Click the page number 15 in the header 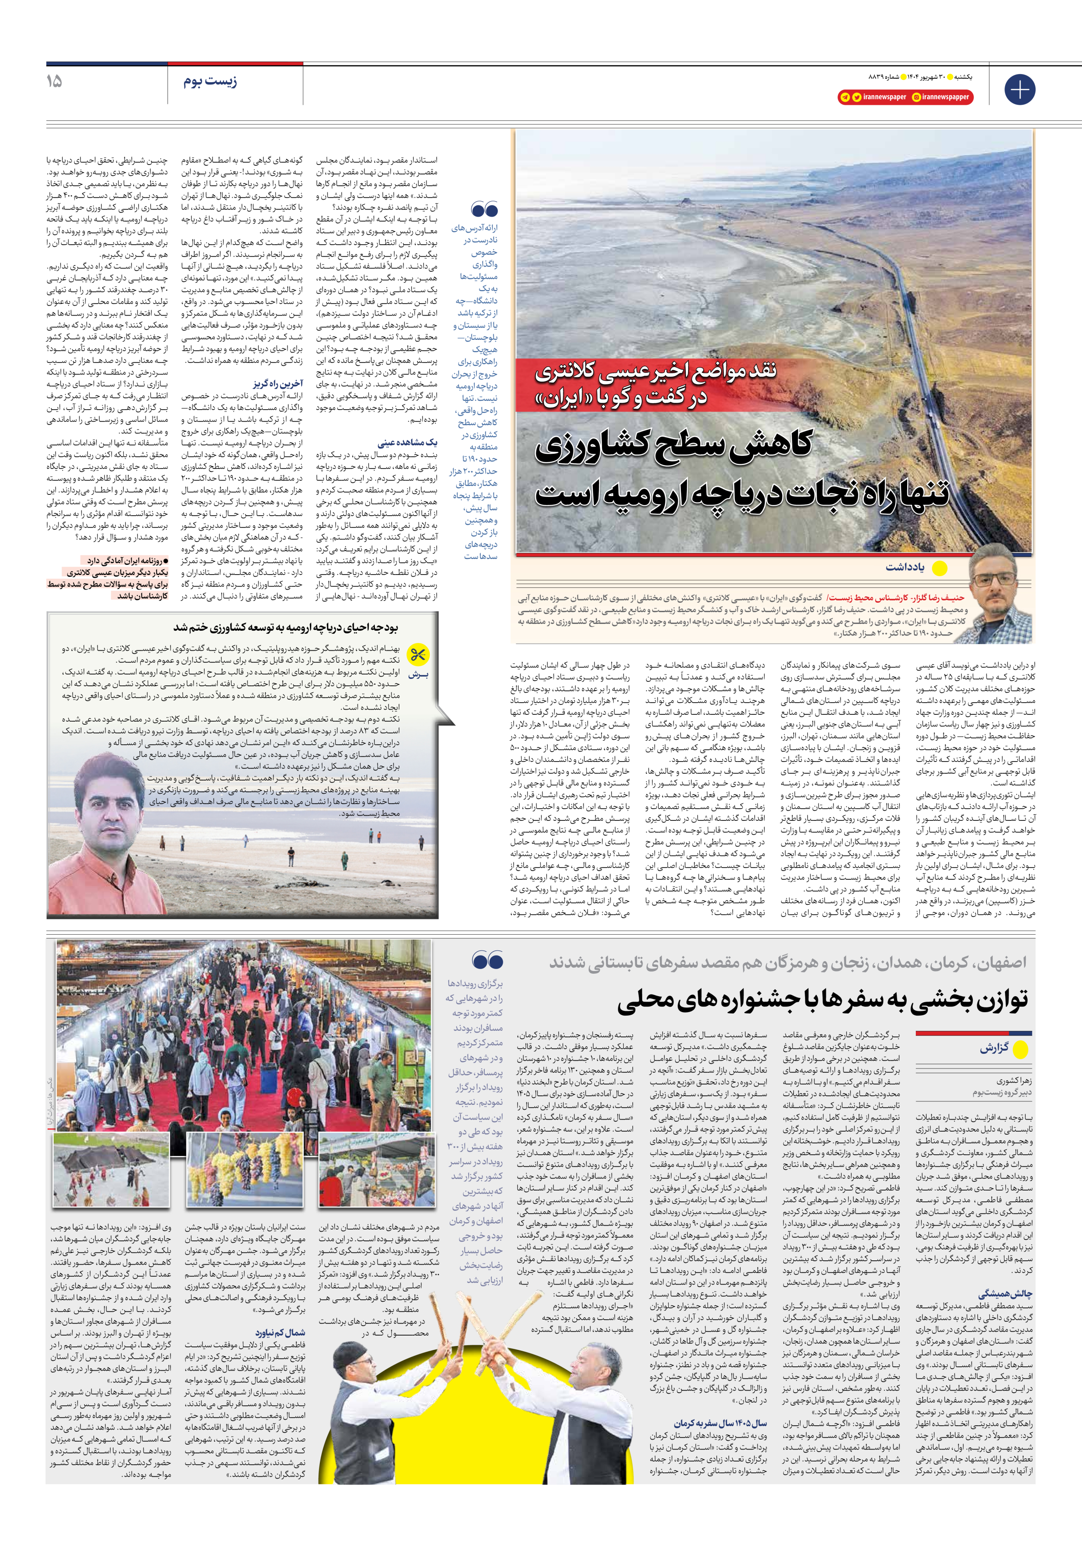[54, 81]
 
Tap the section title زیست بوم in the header [210, 82]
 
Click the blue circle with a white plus [1019, 89]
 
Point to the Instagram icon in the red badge [916, 97]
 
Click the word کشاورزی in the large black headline [673, 448]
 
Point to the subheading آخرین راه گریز [278, 383]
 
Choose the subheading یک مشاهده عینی [407, 442]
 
